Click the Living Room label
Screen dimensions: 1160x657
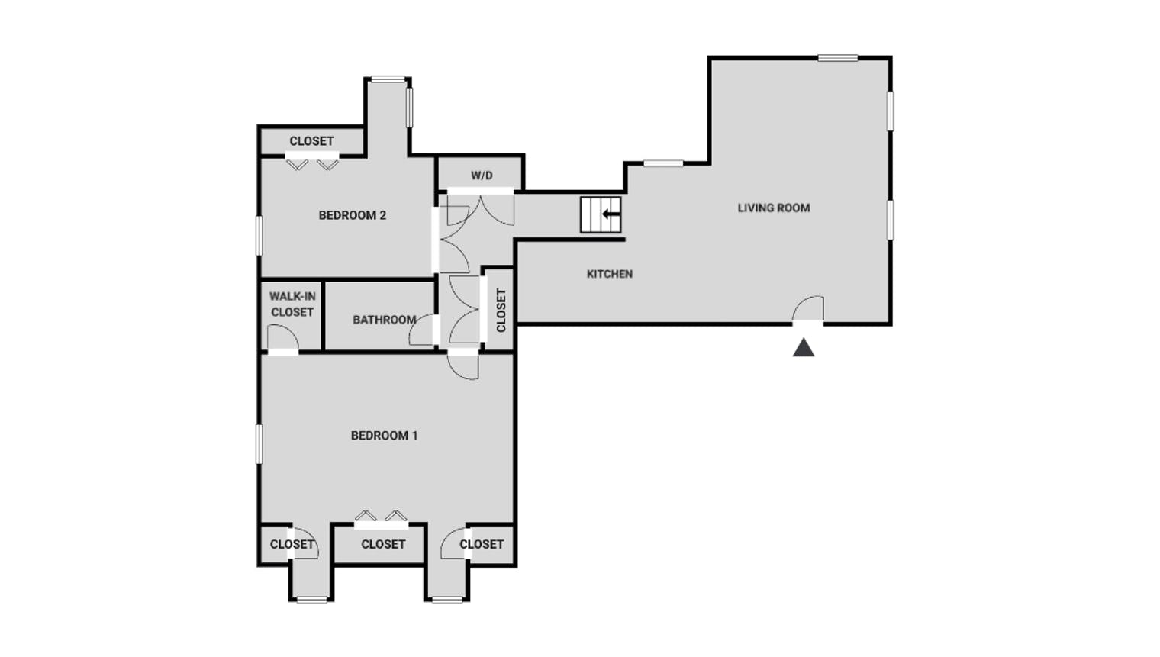coord(774,208)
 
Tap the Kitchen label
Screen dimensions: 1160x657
coord(610,274)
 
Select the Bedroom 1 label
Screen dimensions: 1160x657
coord(385,436)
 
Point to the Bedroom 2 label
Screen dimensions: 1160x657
coord(352,215)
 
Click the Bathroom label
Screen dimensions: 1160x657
coord(385,320)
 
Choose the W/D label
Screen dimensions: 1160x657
coord(482,176)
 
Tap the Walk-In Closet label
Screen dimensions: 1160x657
coord(292,304)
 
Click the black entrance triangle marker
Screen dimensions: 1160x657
coord(803,347)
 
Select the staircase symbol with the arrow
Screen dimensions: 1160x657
coord(601,214)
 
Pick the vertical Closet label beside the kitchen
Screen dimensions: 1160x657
coord(501,311)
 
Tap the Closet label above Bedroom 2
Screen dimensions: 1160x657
coord(311,141)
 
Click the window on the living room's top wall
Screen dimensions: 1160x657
coord(838,58)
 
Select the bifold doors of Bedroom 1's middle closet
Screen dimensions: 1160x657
coord(381,520)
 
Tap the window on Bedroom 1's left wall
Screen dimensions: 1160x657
coord(259,443)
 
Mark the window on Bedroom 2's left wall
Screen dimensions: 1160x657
coord(259,236)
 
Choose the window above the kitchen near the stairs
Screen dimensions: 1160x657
coord(663,163)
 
